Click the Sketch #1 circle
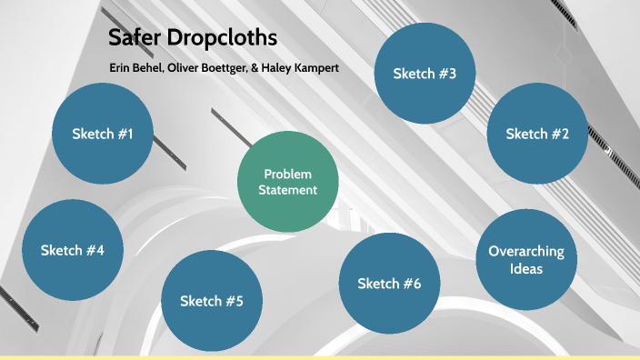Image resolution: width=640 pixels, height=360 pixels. pos(103,134)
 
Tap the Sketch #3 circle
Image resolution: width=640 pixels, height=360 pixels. pos(425,73)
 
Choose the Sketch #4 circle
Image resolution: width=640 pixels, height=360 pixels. pos(73,249)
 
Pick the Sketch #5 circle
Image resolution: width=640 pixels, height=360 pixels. pos(211,301)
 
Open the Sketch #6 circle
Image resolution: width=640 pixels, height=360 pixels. pos(389,284)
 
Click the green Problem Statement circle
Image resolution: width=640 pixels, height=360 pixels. pos(287,182)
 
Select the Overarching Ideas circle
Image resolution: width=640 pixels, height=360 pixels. pos(526,260)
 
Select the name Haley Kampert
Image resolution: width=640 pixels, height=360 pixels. pos(301,69)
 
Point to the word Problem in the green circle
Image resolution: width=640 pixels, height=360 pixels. pos(287,174)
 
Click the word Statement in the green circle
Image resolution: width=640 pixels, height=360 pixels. pos(287,190)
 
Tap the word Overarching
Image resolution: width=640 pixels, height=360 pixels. pos(526,251)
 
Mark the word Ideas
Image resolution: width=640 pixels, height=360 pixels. pos(526,269)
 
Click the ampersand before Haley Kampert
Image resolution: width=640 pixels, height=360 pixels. pos(255,69)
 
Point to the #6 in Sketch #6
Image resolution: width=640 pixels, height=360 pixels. pos(411,284)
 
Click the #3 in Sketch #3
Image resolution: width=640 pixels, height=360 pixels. pos(446,73)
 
